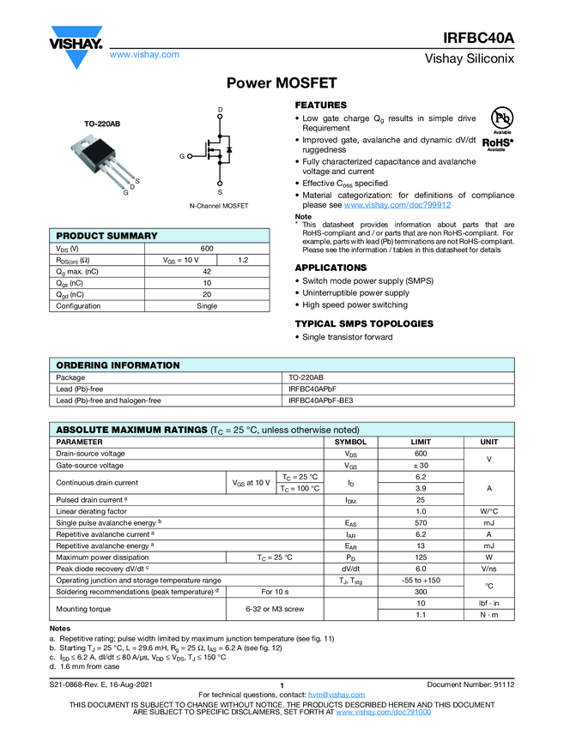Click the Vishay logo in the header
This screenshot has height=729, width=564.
pyautogui.click(x=75, y=45)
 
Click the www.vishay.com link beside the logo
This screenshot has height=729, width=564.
pyautogui.click(x=144, y=55)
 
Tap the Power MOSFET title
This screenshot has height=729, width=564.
pyautogui.click(x=282, y=83)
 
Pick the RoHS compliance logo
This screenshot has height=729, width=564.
pyautogui.click(x=497, y=143)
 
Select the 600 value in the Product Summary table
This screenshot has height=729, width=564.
pyautogui.click(x=206, y=249)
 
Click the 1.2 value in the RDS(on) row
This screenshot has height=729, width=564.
pyautogui.click(x=243, y=260)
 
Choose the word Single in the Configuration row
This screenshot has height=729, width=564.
pyautogui.click(x=206, y=306)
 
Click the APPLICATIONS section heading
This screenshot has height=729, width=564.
pyautogui.click(x=331, y=268)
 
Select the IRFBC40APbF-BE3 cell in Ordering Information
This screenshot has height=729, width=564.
pyautogui.click(x=320, y=401)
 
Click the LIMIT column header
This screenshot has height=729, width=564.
pyautogui.click(x=421, y=442)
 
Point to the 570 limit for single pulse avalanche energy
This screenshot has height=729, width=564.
pyautogui.click(x=421, y=522)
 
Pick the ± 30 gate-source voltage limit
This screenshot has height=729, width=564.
pyautogui.click(x=421, y=466)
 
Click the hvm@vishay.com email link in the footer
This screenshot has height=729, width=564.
pyautogui.click(x=330, y=695)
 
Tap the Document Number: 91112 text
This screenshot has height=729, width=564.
pyautogui.click(x=470, y=684)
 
